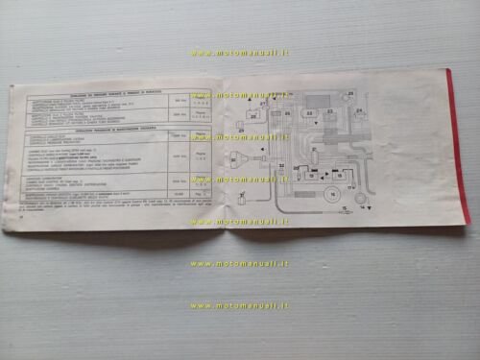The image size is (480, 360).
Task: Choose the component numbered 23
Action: click(x=330, y=112)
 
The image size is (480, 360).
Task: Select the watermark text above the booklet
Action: click(x=239, y=53)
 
